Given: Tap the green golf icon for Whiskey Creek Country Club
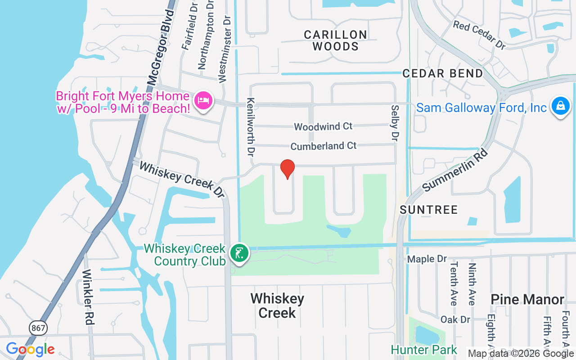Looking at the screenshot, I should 239,253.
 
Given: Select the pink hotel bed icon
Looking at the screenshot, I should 203,100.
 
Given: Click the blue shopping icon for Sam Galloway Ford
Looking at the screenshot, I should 560,106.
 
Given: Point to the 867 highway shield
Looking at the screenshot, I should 38,328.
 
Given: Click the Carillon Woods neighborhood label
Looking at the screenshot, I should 335,40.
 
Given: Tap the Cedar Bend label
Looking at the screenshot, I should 443,73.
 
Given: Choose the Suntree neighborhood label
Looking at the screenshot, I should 428,210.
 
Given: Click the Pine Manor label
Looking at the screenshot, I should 527,299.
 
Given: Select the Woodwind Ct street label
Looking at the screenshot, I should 323,126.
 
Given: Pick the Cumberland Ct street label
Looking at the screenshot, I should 324,146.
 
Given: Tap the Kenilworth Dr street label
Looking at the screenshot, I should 251,127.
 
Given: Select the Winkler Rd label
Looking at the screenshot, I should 88,297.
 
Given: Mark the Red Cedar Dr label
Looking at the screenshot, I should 480,35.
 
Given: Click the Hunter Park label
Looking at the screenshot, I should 424,350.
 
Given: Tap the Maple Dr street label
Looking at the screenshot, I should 427,259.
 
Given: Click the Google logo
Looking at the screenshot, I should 30,349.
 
